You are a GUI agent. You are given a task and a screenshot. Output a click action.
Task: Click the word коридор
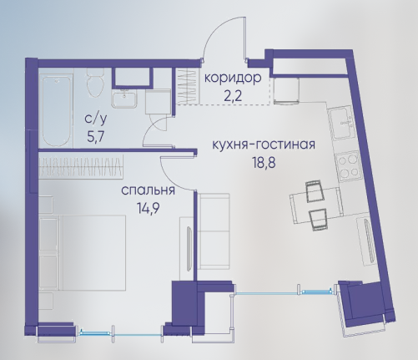click(233, 79)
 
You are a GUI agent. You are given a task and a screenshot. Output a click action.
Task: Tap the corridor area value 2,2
click(234, 96)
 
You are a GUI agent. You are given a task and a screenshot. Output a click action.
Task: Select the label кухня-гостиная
click(264, 145)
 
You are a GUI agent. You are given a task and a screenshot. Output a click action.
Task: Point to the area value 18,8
click(264, 163)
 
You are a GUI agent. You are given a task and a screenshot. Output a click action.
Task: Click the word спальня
click(149, 191)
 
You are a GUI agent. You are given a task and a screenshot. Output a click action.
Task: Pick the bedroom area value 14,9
click(148, 208)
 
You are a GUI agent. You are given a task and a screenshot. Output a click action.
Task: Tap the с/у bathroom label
click(95, 119)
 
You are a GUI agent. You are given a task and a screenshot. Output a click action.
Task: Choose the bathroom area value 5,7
click(95, 137)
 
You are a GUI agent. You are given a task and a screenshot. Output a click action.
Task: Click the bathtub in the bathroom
click(56, 111)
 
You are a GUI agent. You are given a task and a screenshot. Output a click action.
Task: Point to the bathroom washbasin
click(124, 99)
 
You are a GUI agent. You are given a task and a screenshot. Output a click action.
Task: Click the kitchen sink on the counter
click(341, 124)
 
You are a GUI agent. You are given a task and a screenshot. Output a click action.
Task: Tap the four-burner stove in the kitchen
click(348, 166)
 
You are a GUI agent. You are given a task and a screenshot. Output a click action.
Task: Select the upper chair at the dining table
click(315, 190)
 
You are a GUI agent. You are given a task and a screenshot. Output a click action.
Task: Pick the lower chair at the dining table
click(318, 220)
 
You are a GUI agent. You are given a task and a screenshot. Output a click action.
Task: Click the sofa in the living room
click(214, 231)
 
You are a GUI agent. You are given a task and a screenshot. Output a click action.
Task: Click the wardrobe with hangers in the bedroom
click(81, 166)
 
